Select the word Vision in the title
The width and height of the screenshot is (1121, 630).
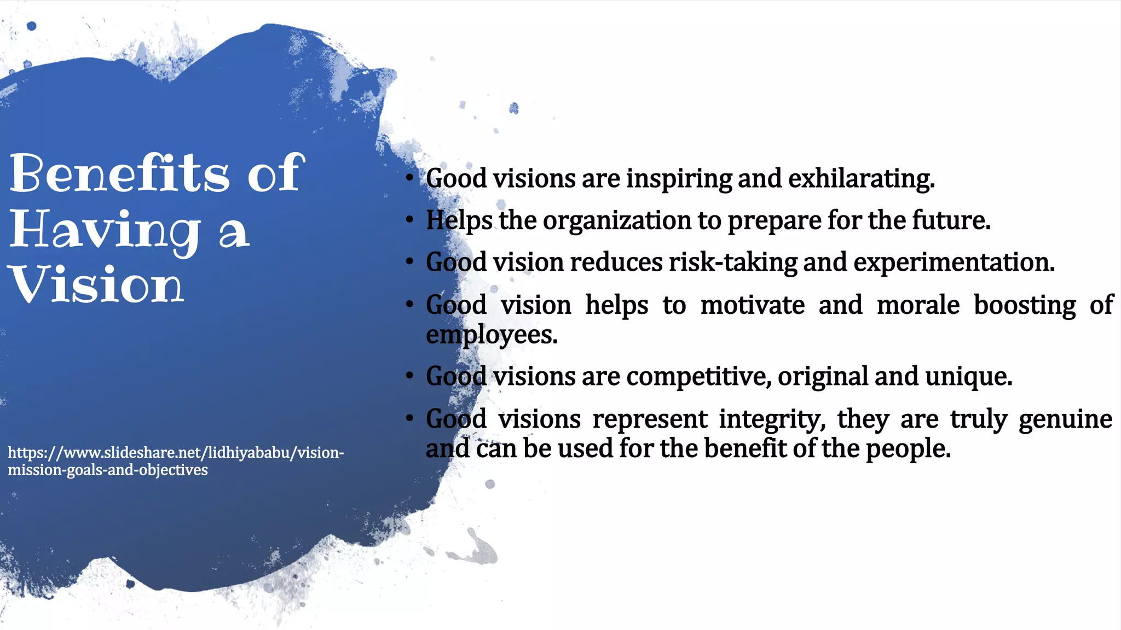[x=97, y=284]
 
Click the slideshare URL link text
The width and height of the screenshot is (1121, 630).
[x=175, y=460]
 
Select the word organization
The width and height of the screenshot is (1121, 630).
[x=617, y=221]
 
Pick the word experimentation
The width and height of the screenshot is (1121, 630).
[x=953, y=262]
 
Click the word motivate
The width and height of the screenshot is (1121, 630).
[x=752, y=305]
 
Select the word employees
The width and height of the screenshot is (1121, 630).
[x=491, y=335]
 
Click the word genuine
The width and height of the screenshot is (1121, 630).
[x=1065, y=419]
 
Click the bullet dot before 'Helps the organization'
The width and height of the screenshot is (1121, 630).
[x=409, y=220]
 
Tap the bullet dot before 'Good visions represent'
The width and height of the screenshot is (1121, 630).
[x=409, y=419]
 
